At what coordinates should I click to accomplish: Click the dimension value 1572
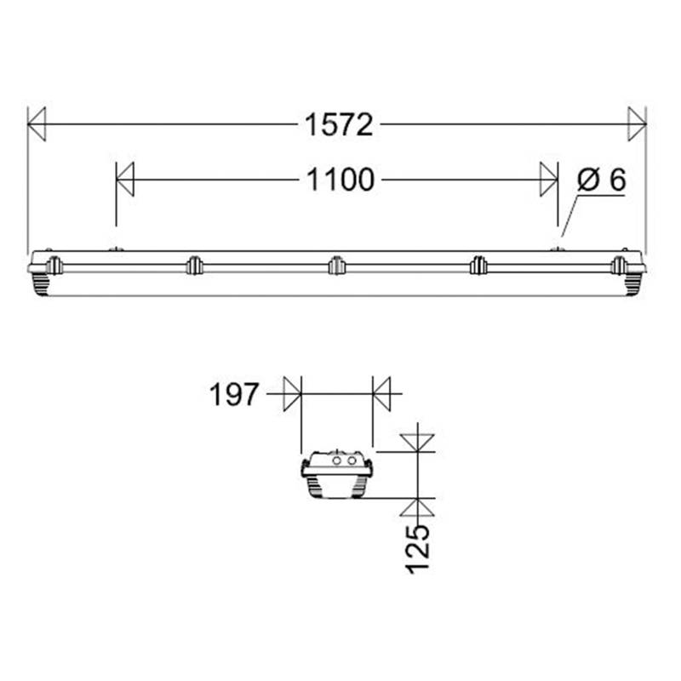pos(339,125)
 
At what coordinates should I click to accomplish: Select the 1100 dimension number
pos(339,180)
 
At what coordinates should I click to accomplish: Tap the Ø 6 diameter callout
pos(601,180)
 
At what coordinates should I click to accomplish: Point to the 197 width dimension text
pos(233,395)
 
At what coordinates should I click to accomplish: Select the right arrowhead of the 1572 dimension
pos(637,124)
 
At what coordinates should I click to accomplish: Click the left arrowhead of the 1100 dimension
pos(125,180)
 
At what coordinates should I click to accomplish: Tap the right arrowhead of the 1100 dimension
pos(549,180)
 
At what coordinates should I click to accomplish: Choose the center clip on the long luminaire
pos(335,266)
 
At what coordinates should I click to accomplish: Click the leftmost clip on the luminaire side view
pos(53,266)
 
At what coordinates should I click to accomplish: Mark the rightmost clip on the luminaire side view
pos(619,266)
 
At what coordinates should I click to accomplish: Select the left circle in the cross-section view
pos(336,461)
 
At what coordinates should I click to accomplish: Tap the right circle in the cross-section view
pos(352,461)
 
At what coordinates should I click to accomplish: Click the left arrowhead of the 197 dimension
pos(292,395)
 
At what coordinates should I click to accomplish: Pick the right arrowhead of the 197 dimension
pos(381,395)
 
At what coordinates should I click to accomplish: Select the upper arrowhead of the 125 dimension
pos(418,441)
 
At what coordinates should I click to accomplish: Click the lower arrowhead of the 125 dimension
pos(418,507)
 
